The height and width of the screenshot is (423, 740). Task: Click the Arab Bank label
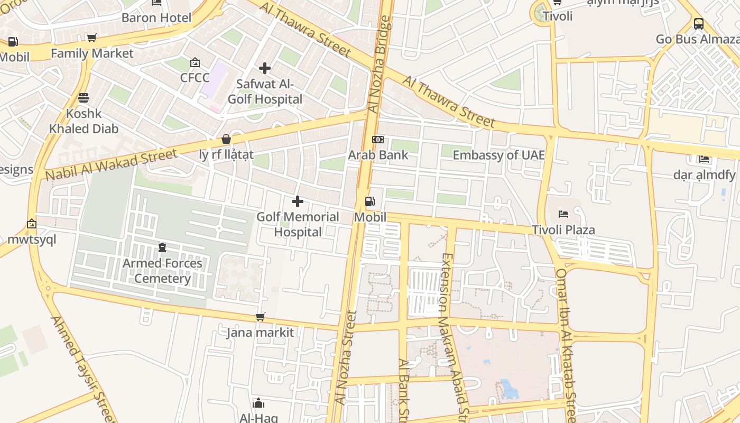tap(378, 155)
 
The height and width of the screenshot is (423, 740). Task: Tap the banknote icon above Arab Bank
tap(378, 140)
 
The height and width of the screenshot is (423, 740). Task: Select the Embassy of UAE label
tap(498, 155)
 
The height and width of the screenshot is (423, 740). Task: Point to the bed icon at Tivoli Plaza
tap(563, 214)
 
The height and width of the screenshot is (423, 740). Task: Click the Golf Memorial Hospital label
tap(298, 224)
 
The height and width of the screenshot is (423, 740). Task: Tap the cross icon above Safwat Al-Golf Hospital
tap(265, 68)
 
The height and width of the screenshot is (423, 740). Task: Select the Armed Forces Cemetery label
tap(162, 271)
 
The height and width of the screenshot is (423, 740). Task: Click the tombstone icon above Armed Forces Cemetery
tap(162, 247)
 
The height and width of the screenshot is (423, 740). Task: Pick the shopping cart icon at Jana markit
tap(260, 317)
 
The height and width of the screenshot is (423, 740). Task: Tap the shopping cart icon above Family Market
tap(92, 38)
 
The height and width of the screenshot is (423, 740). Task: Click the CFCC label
tap(195, 78)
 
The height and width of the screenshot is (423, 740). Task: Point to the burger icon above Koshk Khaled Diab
tap(84, 98)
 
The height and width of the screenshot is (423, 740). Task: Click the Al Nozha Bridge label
tap(381, 65)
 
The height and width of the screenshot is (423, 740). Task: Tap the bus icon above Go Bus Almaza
tap(699, 24)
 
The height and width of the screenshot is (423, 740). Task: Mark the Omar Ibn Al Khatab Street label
tap(566, 344)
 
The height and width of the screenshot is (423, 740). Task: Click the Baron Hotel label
tap(156, 17)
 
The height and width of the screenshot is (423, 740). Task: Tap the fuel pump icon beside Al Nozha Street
tap(370, 201)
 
